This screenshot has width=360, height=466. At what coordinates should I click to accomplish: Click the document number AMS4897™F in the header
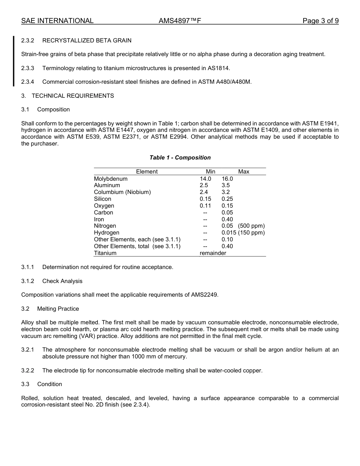180,21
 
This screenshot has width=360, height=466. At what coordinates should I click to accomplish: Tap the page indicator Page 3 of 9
320,21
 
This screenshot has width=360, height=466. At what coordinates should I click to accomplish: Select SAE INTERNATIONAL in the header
57,21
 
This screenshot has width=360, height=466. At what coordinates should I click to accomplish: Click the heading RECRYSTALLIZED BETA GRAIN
87,41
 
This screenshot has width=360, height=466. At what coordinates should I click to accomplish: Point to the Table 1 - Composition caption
180,158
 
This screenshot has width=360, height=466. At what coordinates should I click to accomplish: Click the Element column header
147,172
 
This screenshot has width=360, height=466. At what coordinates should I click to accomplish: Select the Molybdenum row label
111,179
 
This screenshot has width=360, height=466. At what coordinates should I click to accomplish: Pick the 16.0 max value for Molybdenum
227,179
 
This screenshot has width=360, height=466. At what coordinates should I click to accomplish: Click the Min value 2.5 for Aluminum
204,185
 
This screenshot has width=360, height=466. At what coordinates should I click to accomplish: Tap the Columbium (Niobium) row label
122,192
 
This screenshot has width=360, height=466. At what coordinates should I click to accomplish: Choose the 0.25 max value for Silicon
227,199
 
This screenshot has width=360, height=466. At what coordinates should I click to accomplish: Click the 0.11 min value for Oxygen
205,206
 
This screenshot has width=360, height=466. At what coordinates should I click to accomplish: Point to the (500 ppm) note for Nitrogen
251,226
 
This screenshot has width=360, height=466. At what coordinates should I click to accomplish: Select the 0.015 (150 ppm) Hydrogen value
243,233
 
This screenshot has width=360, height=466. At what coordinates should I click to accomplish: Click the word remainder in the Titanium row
213,253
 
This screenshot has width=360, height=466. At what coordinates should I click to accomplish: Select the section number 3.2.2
28,371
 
